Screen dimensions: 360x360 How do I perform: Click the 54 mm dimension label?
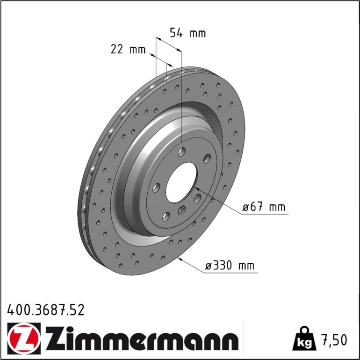(x=187, y=33)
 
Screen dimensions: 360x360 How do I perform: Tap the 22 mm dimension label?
(x=128, y=49)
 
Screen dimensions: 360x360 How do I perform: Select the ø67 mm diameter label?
(x=264, y=207)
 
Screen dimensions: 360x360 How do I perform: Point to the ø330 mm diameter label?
(x=230, y=266)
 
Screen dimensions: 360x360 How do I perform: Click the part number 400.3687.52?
(x=46, y=310)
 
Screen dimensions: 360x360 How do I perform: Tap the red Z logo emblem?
(x=24, y=338)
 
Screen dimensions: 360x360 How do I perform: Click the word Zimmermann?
(x=142, y=338)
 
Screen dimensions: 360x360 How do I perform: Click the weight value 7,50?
(x=335, y=340)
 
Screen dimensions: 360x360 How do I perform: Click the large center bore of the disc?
(x=181, y=182)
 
